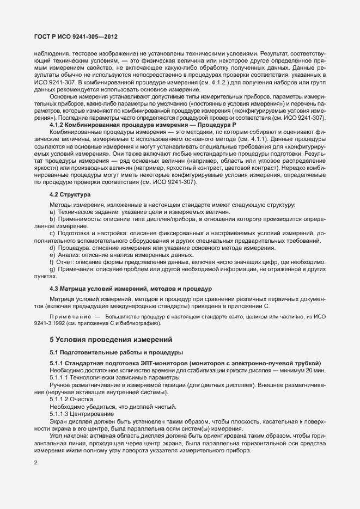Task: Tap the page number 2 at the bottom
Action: (35, 463)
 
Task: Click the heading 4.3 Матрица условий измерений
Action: (131, 288)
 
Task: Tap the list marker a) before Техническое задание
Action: (52, 212)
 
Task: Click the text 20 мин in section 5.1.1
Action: (315, 370)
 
